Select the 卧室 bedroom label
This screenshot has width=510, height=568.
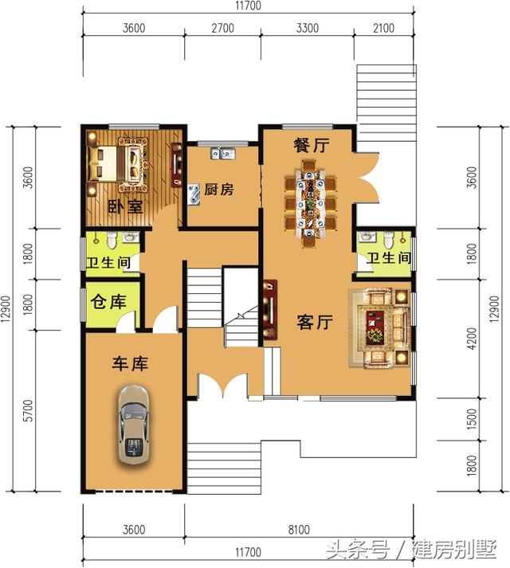coord(125,207)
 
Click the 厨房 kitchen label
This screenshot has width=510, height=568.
coord(219,189)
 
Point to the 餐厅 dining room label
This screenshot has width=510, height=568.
coord(312,145)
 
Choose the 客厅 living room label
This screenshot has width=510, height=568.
coord(315,322)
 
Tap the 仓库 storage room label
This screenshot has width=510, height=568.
coord(108,301)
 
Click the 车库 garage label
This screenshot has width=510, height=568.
coord(130,363)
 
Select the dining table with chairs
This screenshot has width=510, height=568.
coord(310,203)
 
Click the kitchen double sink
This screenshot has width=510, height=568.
coord(222,154)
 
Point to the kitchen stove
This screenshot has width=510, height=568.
coord(194,194)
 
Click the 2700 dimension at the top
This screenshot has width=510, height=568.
coord(222,28)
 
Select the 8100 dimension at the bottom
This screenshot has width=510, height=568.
coord(299,530)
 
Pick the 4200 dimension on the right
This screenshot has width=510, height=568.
coord(471,339)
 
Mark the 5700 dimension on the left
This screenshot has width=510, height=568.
coord(28,410)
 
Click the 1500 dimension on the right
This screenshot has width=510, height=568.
coord(471,419)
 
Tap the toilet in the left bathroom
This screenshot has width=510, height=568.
coord(112,241)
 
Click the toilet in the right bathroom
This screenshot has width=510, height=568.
coord(389,240)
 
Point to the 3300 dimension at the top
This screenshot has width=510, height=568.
coord(308,28)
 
